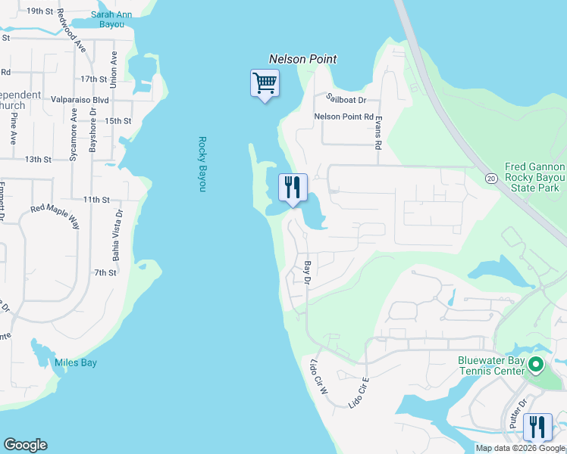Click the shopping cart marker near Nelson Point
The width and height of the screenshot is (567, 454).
point(265,83)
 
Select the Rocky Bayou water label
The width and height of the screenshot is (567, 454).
point(202,163)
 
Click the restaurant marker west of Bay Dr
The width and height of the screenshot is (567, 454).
point(293,187)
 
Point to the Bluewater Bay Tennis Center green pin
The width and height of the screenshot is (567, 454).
point(536,365)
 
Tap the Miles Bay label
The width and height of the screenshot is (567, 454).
point(76,363)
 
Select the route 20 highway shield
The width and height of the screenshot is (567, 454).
point(490,178)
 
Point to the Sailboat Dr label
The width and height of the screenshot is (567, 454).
point(346,99)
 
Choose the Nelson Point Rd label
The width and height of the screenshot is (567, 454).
point(344,117)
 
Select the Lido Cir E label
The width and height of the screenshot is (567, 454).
point(359,390)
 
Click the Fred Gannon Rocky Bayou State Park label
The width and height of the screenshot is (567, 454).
point(535,177)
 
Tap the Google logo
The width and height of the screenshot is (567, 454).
point(25,445)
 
